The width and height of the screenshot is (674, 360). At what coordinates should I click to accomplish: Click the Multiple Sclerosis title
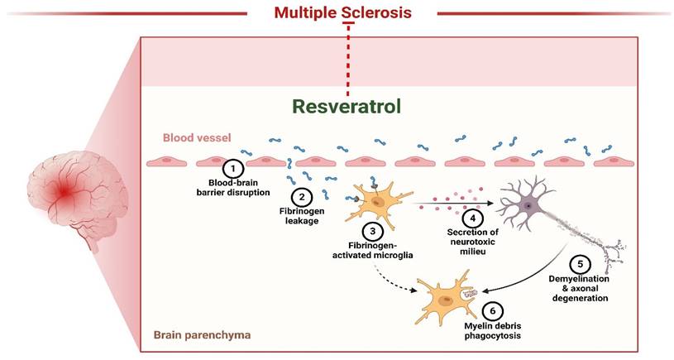click(x=342, y=12)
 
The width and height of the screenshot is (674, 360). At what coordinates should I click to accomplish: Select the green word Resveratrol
click(x=347, y=106)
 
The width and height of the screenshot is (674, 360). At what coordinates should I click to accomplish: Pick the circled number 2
click(x=302, y=197)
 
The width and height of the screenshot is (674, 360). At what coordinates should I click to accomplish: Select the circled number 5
click(x=583, y=264)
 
